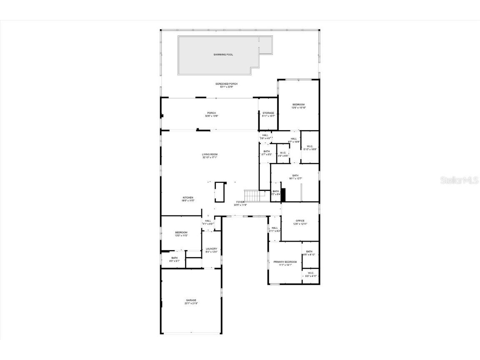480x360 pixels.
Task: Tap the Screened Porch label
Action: [226, 85]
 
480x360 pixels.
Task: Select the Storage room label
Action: [268, 114]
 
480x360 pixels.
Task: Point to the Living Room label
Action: [210, 156]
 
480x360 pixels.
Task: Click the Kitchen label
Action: [188, 199]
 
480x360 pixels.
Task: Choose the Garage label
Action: [191, 301]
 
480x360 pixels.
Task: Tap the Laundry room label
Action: [211, 250]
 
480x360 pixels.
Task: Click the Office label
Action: [300, 222]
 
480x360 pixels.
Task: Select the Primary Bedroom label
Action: [285, 263]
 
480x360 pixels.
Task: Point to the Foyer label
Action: [241, 203]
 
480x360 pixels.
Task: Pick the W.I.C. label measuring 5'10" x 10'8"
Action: [310, 147]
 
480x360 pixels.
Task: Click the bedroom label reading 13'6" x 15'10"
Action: [298, 106]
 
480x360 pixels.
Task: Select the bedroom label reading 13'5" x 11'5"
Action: [181, 234]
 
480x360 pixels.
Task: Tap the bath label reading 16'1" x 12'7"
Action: [295, 177]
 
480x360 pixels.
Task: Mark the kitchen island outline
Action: [220, 192]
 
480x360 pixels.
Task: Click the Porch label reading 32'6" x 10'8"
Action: [212, 115]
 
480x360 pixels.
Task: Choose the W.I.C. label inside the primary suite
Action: [311, 275]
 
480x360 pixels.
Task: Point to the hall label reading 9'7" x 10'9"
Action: [294, 140]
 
